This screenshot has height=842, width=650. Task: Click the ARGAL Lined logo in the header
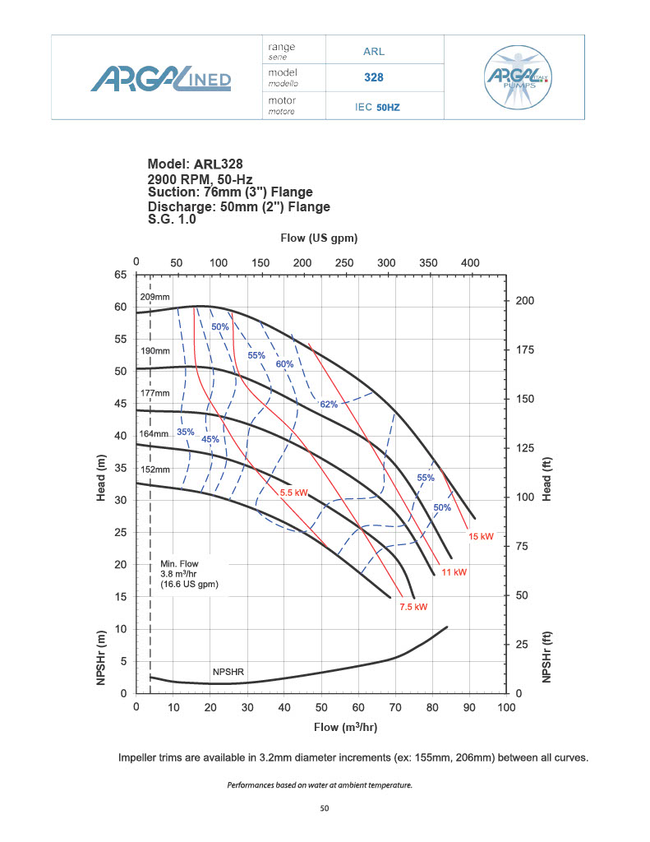point(161,78)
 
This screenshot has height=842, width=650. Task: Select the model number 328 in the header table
point(374,78)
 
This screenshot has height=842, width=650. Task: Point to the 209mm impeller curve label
point(154,296)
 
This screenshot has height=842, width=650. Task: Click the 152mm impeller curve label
point(154,470)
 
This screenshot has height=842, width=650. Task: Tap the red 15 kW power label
point(481,536)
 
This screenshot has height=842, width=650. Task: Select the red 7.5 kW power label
point(414,607)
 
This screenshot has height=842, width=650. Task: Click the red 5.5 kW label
point(293,493)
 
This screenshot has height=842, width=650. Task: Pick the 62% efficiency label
point(329,404)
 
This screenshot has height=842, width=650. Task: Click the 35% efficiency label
point(186,432)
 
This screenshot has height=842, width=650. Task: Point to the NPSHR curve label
point(228,672)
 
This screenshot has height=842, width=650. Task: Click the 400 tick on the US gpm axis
point(469,262)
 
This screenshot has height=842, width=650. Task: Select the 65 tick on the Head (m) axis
point(120,275)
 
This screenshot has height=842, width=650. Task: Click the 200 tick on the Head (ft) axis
point(524,301)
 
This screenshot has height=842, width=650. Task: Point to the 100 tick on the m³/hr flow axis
point(506,707)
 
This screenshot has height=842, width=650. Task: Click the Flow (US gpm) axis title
point(319,238)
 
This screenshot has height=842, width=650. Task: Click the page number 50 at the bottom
point(325,809)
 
